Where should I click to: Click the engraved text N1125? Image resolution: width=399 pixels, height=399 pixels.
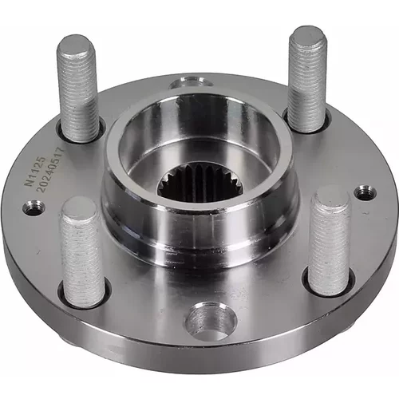coord(34,171)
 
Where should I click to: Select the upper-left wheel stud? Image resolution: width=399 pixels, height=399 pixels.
coord(77,89)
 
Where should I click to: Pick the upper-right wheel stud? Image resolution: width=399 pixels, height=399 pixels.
coord(308,79)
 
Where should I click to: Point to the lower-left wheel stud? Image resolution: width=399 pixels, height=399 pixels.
coord(82,251)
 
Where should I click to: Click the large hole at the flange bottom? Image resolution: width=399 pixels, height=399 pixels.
coord(211,321)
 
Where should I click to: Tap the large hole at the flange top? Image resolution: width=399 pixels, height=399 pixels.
coord(191,82)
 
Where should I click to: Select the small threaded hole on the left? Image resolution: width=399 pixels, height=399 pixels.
coord(34,207)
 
